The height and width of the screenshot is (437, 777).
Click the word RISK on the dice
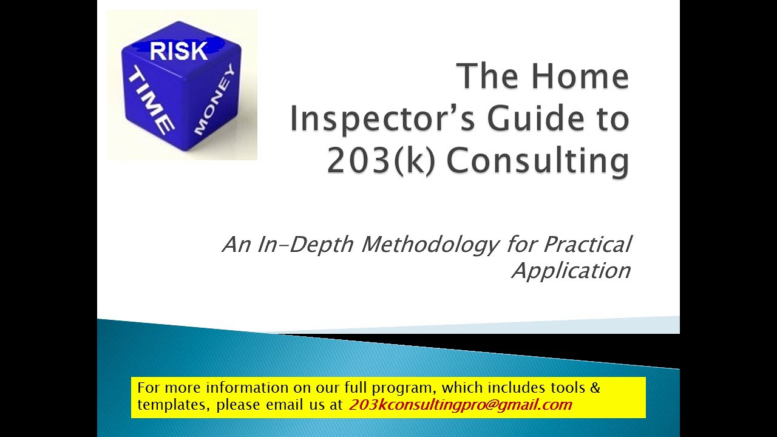pos(178,51)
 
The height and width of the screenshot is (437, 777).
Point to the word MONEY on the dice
pos(213,100)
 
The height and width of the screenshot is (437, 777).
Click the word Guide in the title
pos(541,119)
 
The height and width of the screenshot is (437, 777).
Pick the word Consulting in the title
pos(538,161)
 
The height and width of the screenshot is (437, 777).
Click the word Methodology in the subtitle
pos(431,245)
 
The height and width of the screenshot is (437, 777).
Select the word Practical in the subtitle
pos(587,245)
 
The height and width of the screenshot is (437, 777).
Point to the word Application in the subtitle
pos(571,270)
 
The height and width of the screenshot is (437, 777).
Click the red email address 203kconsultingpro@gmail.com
pos(460,405)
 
